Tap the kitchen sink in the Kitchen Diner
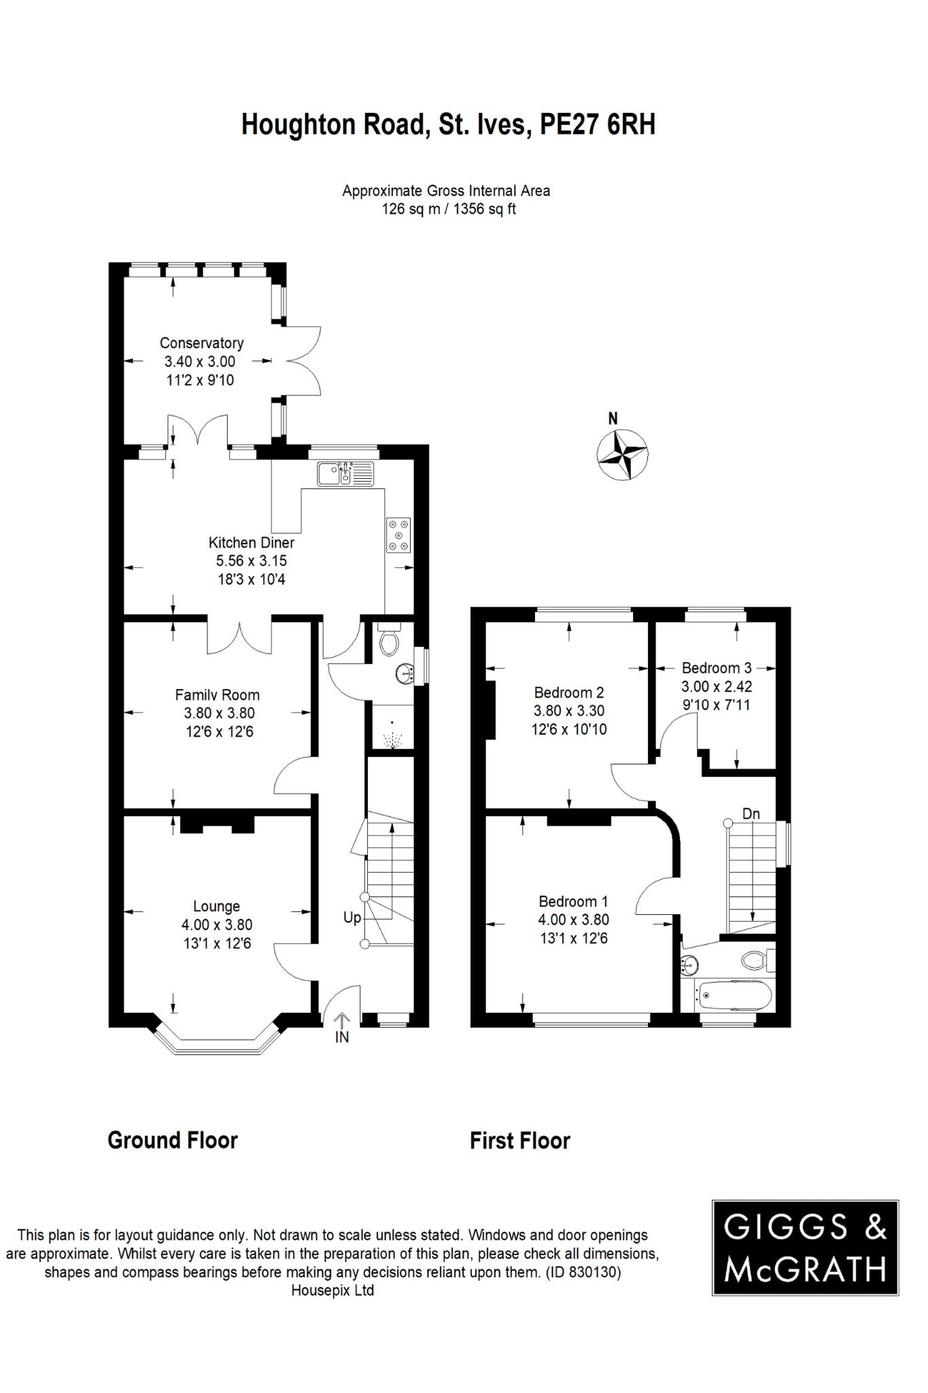(345, 473)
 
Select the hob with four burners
(398, 535)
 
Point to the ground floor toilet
(390, 640)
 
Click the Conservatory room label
(201, 343)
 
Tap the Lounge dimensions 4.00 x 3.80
(216, 925)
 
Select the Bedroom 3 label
(717, 668)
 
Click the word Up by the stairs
(351, 918)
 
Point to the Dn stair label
(751, 813)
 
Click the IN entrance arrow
(341, 1026)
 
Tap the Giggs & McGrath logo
(805, 1247)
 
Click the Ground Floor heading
(173, 1140)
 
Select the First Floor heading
(519, 1141)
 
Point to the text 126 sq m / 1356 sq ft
(449, 209)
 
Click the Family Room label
(217, 694)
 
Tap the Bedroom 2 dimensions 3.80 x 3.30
(569, 711)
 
